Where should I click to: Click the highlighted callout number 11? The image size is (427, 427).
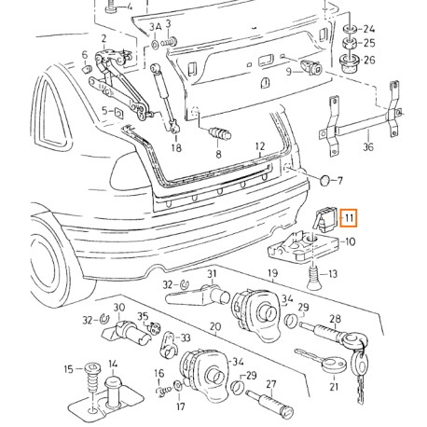click(x=348, y=219)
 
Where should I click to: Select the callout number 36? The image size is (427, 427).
click(x=367, y=146)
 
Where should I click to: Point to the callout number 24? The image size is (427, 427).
click(x=369, y=28)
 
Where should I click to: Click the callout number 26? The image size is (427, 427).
click(x=369, y=61)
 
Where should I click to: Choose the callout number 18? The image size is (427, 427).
click(x=176, y=147)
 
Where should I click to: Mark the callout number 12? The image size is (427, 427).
click(x=260, y=146)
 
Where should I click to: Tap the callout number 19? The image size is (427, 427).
click(x=273, y=274)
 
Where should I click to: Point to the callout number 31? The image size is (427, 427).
click(x=212, y=273)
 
